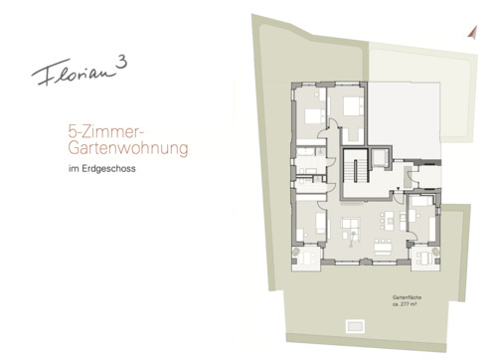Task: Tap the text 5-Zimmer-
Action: [93, 129]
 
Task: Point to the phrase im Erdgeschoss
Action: [96, 170]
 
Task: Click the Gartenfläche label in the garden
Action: [408, 298]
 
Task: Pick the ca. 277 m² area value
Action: [408, 306]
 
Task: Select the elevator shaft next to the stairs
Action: [380, 160]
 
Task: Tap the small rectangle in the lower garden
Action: [355, 323]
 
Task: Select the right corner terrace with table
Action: [425, 257]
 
